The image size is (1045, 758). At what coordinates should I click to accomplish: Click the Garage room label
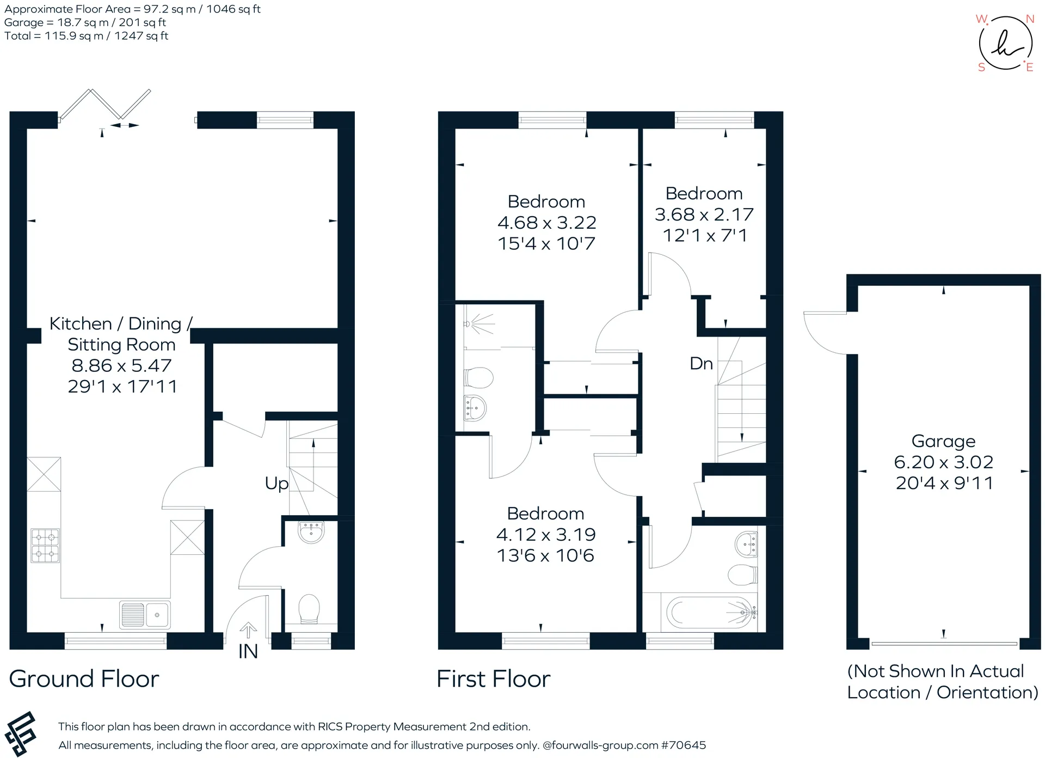[x=943, y=441]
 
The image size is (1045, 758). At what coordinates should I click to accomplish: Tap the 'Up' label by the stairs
[x=276, y=484]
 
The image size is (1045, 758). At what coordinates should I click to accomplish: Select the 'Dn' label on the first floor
[x=701, y=363]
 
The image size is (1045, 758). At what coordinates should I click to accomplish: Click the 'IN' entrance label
[x=248, y=651]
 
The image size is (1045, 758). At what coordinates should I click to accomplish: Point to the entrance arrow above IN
[x=248, y=630]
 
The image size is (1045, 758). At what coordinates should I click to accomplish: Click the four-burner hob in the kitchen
[x=45, y=546]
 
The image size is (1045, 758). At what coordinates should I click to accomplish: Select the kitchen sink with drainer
[x=145, y=615]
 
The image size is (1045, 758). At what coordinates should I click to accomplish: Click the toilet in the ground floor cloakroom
[x=309, y=609]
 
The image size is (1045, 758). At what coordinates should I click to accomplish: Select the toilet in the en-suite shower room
[x=478, y=377]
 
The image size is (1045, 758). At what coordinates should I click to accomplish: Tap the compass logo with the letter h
[x=1006, y=43]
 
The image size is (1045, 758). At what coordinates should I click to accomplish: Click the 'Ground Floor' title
[x=84, y=679]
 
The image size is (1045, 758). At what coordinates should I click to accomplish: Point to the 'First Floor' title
[x=494, y=679]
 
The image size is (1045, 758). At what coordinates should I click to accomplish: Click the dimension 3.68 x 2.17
[x=704, y=215]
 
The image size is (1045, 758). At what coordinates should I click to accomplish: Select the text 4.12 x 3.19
[x=546, y=535]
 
